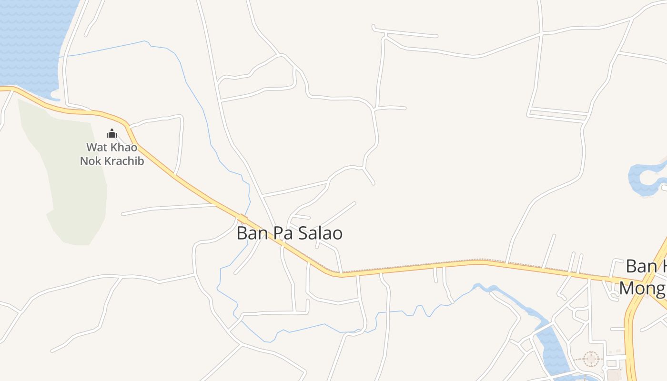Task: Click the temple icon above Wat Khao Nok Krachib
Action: (112, 133)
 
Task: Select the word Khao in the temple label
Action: (123, 147)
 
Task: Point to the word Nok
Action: (90, 161)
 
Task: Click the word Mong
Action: (641, 289)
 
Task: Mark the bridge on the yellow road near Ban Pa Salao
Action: (242, 220)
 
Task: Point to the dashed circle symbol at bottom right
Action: (591, 359)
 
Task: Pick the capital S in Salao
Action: (303, 234)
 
